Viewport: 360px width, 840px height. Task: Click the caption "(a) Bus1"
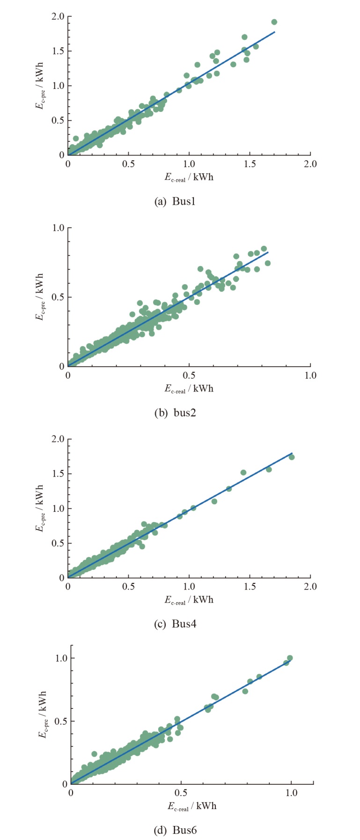(x=175, y=202)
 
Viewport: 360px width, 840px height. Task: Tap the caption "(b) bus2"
(x=175, y=413)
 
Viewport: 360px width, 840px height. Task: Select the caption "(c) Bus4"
(x=175, y=624)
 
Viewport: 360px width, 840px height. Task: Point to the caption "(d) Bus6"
(x=175, y=831)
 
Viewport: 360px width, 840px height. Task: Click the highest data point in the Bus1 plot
(x=274, y=22)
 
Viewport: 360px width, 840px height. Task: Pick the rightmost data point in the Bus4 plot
(x=292, y=457)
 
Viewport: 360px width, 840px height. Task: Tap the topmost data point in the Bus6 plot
(x=290, y=658)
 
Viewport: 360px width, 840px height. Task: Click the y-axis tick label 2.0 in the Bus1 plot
(x=58, y=17)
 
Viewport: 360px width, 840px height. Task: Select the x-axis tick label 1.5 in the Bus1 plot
(x=250, y=164)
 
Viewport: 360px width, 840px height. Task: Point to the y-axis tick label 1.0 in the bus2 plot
(x=58, y=228)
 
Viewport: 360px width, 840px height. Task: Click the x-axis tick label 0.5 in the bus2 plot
(x=189, y=376)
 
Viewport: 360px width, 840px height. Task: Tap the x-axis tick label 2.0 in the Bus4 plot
(x=310, y=587)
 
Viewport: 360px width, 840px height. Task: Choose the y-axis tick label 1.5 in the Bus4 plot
(x=58, y=474)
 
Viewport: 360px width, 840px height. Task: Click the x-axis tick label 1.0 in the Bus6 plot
(x=291, y=793)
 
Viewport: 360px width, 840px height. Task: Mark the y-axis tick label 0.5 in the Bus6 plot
(x=61, y=721)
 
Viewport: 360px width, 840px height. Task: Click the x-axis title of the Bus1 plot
(x=189, y=177)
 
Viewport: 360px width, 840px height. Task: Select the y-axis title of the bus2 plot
(x=40, y=297)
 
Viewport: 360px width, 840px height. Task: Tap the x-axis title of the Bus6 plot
(x=192, y=806)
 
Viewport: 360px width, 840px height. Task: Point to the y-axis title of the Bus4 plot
(x=40, y=508)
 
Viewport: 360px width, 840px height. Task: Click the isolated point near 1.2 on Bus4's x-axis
(x=214, y=501)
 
